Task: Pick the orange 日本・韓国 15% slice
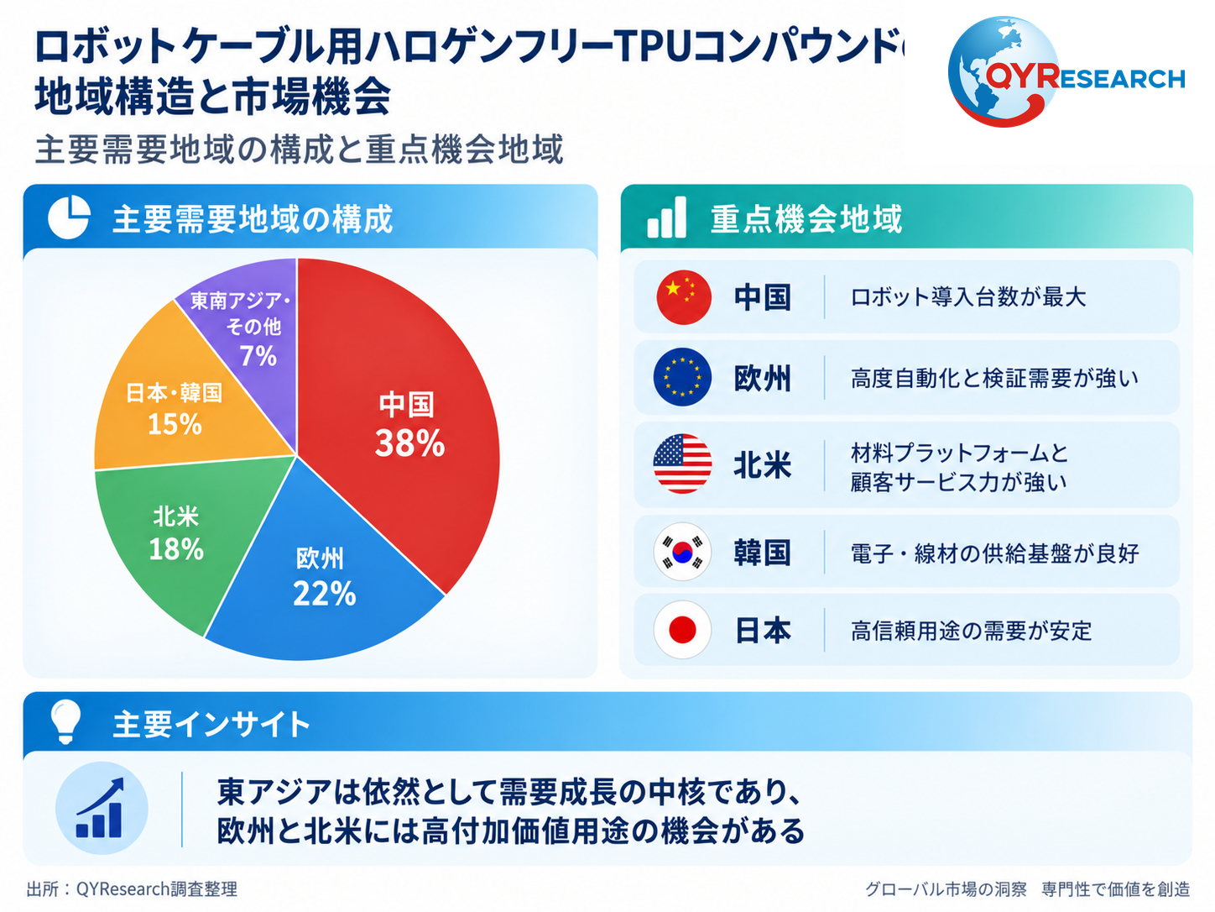tap(177, 404)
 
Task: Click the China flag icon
tap(683, 297)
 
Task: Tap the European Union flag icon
tap(682, 377)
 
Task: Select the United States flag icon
tap(682, 464)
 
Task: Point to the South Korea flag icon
tap(682, 552)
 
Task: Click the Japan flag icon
tap(682, 630)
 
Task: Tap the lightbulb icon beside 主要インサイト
tap(66, 722)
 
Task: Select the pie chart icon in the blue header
tap(69, 217)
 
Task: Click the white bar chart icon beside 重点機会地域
tap(666, 217)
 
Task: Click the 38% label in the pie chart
tap(409, 443)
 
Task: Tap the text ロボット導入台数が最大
tap(968, 297)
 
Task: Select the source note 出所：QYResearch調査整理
tap(132, 889)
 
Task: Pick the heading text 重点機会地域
tap(806, 218)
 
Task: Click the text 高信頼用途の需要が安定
tap(972, 631)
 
